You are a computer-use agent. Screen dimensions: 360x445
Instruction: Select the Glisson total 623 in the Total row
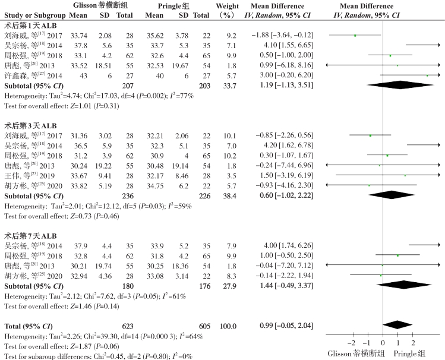coord(125,326)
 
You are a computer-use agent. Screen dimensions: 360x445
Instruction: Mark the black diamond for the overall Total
coord(398,326)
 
